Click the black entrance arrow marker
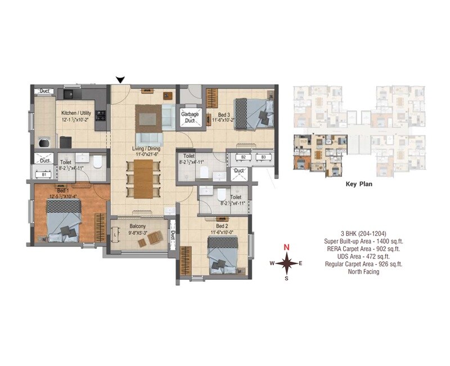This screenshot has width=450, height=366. pyautogui.click(x=119, y=80)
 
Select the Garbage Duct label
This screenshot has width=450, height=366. pyautogui.click(x=190, y=117)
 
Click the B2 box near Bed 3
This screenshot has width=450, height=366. pyautogui.click(x=244, y=157)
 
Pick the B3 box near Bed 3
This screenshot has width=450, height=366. pyautogui.click(x=262, y=157)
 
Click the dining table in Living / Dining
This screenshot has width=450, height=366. pyautogui.click(x=143, y=176)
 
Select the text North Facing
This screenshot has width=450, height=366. pyautogui.click(x=363, y=272)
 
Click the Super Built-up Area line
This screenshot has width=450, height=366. pyautogui.click(x=363, y=240)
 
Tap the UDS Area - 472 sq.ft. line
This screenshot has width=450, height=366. pyautogui.click(x=363, y=256)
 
